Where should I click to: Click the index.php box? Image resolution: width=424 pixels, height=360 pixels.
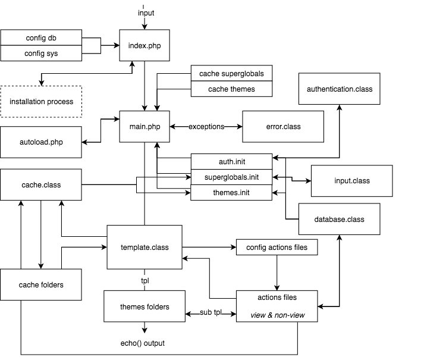point(145,45)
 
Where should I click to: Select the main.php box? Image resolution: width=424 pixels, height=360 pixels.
point(145,126)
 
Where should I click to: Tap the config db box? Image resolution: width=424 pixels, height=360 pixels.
point(41,38)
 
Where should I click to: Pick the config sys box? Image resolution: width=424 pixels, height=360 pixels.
point(41,54)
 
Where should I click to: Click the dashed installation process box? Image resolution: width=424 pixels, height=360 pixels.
point(41,102)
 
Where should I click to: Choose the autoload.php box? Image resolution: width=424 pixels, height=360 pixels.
point(41,142)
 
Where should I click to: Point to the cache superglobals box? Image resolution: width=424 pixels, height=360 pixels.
point(231,74)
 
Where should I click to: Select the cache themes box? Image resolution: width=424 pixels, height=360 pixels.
point(231,89)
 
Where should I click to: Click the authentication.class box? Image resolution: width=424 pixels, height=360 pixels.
point(339,89)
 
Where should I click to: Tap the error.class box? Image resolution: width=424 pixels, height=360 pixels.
point(283,126)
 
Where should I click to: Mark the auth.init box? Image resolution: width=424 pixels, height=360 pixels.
point(231,161)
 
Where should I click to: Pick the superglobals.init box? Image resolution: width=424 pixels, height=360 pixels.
point(231,177)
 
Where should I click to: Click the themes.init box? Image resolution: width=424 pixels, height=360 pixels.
point(231,193)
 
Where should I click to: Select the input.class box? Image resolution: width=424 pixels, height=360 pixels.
point(351,181)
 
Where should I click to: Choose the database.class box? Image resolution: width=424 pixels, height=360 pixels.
point(339,219)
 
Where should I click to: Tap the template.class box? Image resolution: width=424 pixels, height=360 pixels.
point(145,247)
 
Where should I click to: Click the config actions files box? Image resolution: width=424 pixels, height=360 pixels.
point(277,247)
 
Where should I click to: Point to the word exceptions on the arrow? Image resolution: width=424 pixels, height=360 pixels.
point(206,127)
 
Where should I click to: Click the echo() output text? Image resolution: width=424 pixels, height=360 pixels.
point(143,343)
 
